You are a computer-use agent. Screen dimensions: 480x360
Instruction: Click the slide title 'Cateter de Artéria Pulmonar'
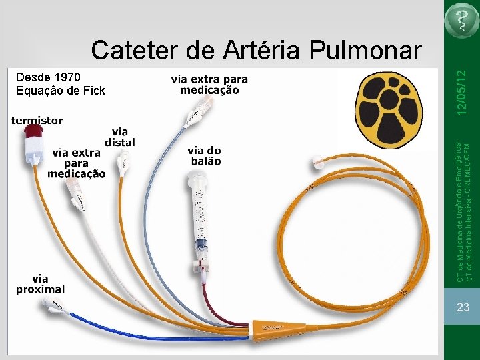[256, 50]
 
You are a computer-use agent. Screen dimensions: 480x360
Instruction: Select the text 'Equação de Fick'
[61, 91]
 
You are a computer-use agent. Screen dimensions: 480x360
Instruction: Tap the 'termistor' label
[37, 121]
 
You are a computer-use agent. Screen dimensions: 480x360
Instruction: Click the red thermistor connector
[31, 143]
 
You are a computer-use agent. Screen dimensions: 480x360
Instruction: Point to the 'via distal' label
[119, 137]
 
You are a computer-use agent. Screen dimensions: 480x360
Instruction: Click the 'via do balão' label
[204, 155]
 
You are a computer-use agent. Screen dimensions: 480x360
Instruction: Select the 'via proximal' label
[41, 284]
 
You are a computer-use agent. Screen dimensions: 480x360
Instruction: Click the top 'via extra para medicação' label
[209, 84]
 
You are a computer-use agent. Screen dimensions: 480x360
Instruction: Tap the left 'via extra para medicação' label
[76, 163]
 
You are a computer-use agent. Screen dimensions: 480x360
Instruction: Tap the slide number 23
[463, 307]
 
